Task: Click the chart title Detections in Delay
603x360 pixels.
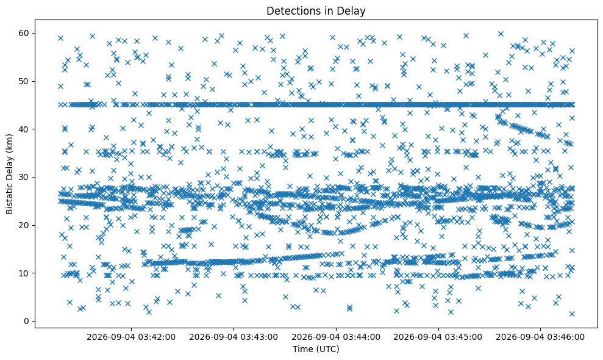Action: pyautogui.click(x=316, y=11)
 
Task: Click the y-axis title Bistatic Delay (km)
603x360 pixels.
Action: pyautogui.click(x=9, y=174)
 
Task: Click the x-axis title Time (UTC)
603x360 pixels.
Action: pyautogui.click(x=316, y=349)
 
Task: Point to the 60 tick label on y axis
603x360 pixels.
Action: pyautogui.click(x=24, y=33)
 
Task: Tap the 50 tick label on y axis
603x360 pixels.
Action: pyautogui.click(x=24, y=81)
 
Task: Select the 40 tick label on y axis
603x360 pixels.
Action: pyautogui.click(x=24, y=129)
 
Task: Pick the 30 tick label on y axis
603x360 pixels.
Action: pyautogui.click(x=24, y=177)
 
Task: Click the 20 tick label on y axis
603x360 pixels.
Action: pyautogui.click(x=24, y=225)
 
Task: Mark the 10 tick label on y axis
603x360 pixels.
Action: pyautogui.click(x=24, y=273)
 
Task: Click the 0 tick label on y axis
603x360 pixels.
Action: pyautogui.click(x=27, y=321)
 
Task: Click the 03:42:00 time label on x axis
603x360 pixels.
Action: pyautogui.click(x=131, y=337)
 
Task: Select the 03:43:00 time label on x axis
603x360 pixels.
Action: pyautogui.click(x=234, y=337)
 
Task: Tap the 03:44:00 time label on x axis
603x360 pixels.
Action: pyautogui.click(x=336, y=337)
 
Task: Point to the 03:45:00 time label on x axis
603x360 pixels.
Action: pyautogui.click(x=438, y=337)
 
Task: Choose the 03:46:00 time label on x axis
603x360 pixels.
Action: pyautogui.click(x=540, y=337)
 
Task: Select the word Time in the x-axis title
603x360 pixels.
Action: pyautogui.click(x=302, y=349)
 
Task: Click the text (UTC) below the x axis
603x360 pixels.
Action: pyautogui.click(x=327, y=349)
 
